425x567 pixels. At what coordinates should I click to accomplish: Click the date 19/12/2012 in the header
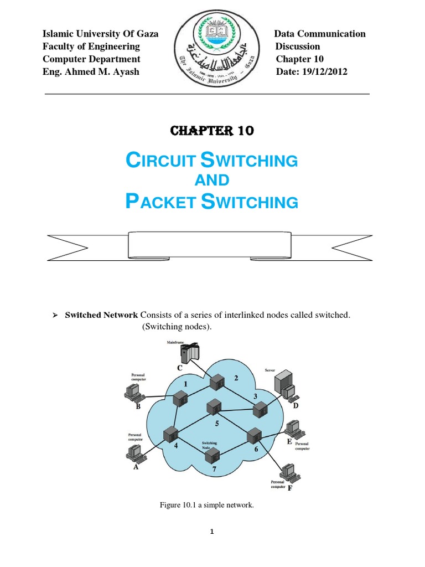[326, 71]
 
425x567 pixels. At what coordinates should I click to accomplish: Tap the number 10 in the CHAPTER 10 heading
[245, 131]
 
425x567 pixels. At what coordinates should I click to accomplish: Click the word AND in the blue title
[212, 180]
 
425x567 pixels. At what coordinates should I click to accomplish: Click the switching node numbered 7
[212, 456]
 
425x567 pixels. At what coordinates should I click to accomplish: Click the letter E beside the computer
[289, 442]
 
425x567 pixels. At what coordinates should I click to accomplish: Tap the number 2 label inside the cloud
[236, 378]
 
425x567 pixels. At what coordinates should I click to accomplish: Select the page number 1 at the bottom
[212, 532]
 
